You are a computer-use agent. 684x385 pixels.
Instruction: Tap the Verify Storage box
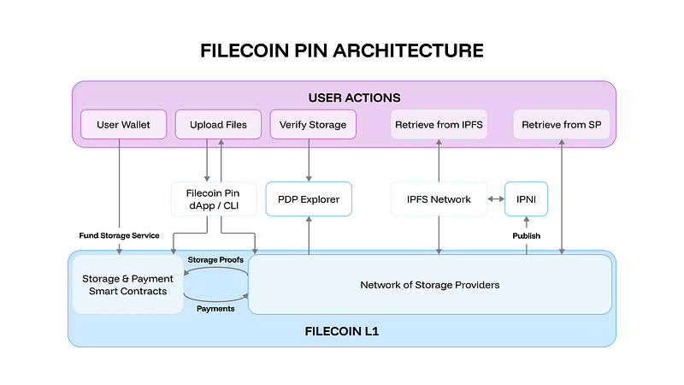(x=308, y=125)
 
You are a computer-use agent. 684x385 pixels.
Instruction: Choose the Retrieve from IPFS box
(x=439, y=125)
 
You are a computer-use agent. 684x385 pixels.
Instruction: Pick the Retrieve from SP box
(x=562, y=125)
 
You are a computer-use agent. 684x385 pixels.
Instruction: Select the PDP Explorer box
(x=308, y=199)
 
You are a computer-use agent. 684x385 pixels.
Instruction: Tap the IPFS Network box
(x=439, y=199)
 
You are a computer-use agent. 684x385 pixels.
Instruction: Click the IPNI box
(x=526, y=199)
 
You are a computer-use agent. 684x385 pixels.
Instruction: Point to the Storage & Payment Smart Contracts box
(x=127, y=285)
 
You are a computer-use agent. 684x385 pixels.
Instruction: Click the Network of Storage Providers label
(x=429, y=285)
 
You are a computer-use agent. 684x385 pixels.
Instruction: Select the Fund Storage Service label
(x=119, y=235)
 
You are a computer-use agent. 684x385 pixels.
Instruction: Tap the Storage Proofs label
(x=215, y=260)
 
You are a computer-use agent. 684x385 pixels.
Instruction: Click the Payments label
(x=215, y=309)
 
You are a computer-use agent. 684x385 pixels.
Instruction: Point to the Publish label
(x=526, y=235)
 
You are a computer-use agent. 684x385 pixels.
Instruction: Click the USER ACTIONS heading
(x=342, y=98)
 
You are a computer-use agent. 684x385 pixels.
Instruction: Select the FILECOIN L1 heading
(x=342, y=329)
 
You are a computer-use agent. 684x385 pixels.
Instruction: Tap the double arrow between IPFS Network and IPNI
(x=495, y=199)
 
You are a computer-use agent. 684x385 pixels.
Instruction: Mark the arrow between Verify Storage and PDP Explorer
(x=308, y=159)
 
